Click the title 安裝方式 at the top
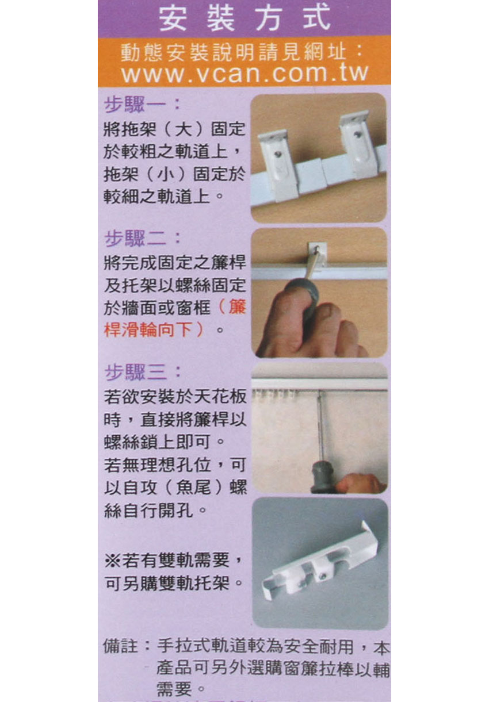point(244,18)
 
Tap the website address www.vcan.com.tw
point(244,74)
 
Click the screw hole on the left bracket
point(277,154)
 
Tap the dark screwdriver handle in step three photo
point(322,477)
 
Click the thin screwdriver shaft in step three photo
point(320,426)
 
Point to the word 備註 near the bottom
point(120,646)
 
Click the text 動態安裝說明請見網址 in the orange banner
point(234,52)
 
